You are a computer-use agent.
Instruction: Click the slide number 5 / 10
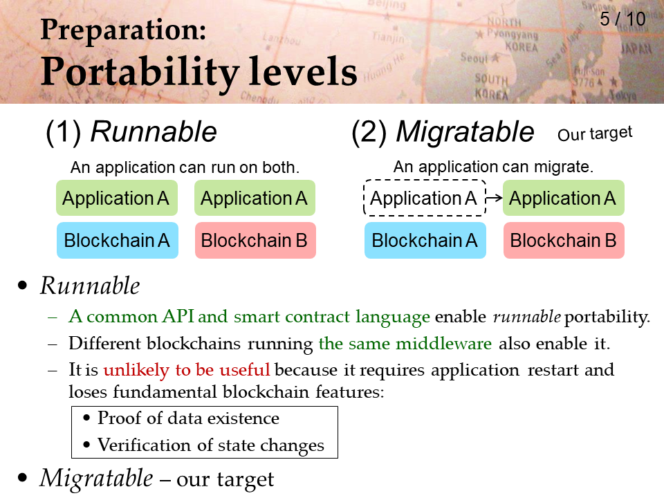click(622, 19)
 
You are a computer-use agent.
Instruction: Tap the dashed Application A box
click(425, 198)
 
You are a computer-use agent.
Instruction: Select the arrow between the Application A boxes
click(494, 197)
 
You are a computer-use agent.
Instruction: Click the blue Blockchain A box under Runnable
click(118, 240)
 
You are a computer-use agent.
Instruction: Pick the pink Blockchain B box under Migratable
click(564, 240)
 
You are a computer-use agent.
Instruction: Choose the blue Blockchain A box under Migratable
click(425, 240)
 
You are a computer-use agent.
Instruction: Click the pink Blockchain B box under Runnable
click(255, 240)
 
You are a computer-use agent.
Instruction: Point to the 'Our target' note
click(595, 133)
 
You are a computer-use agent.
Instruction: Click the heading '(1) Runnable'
click(131, 131)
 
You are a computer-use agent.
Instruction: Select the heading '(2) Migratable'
click(443, 131)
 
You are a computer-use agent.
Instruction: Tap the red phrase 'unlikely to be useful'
click(187, 370)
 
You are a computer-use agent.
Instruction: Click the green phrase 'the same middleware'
click(405, 343)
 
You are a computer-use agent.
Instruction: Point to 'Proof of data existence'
click(188, 418)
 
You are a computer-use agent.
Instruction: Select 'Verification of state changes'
click(211, 445)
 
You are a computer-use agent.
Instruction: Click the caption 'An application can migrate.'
click(493, 167)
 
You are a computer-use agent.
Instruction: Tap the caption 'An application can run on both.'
click(185, 167)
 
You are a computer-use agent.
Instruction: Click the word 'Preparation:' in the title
click(123, 30)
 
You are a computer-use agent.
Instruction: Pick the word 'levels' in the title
click(303, 71)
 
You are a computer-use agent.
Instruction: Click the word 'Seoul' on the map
click(474, 57)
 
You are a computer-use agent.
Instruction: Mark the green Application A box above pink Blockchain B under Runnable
click(255, 198)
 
